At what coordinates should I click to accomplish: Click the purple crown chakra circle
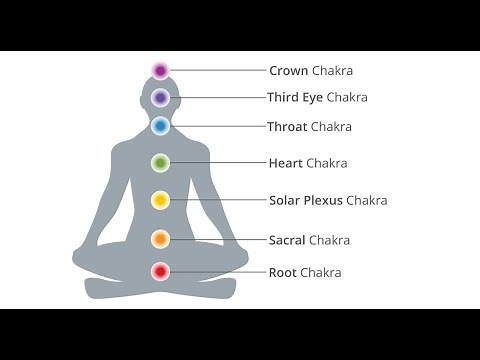160,70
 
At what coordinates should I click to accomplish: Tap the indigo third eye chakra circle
160,98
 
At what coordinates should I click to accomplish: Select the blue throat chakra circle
160,126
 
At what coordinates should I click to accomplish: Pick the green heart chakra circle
160,162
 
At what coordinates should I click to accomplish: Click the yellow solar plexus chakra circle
160,200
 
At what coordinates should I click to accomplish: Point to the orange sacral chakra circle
160,239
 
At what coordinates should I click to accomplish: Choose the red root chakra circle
160,271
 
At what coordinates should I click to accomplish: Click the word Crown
288,71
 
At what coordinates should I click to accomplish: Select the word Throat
288,127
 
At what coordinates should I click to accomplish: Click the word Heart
286,163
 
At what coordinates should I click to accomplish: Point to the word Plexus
322,201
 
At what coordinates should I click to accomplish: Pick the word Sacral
287,240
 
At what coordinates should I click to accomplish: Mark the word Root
282,272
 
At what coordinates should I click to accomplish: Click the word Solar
285,201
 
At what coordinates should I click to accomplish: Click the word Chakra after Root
321,272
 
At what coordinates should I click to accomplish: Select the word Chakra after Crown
333,71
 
